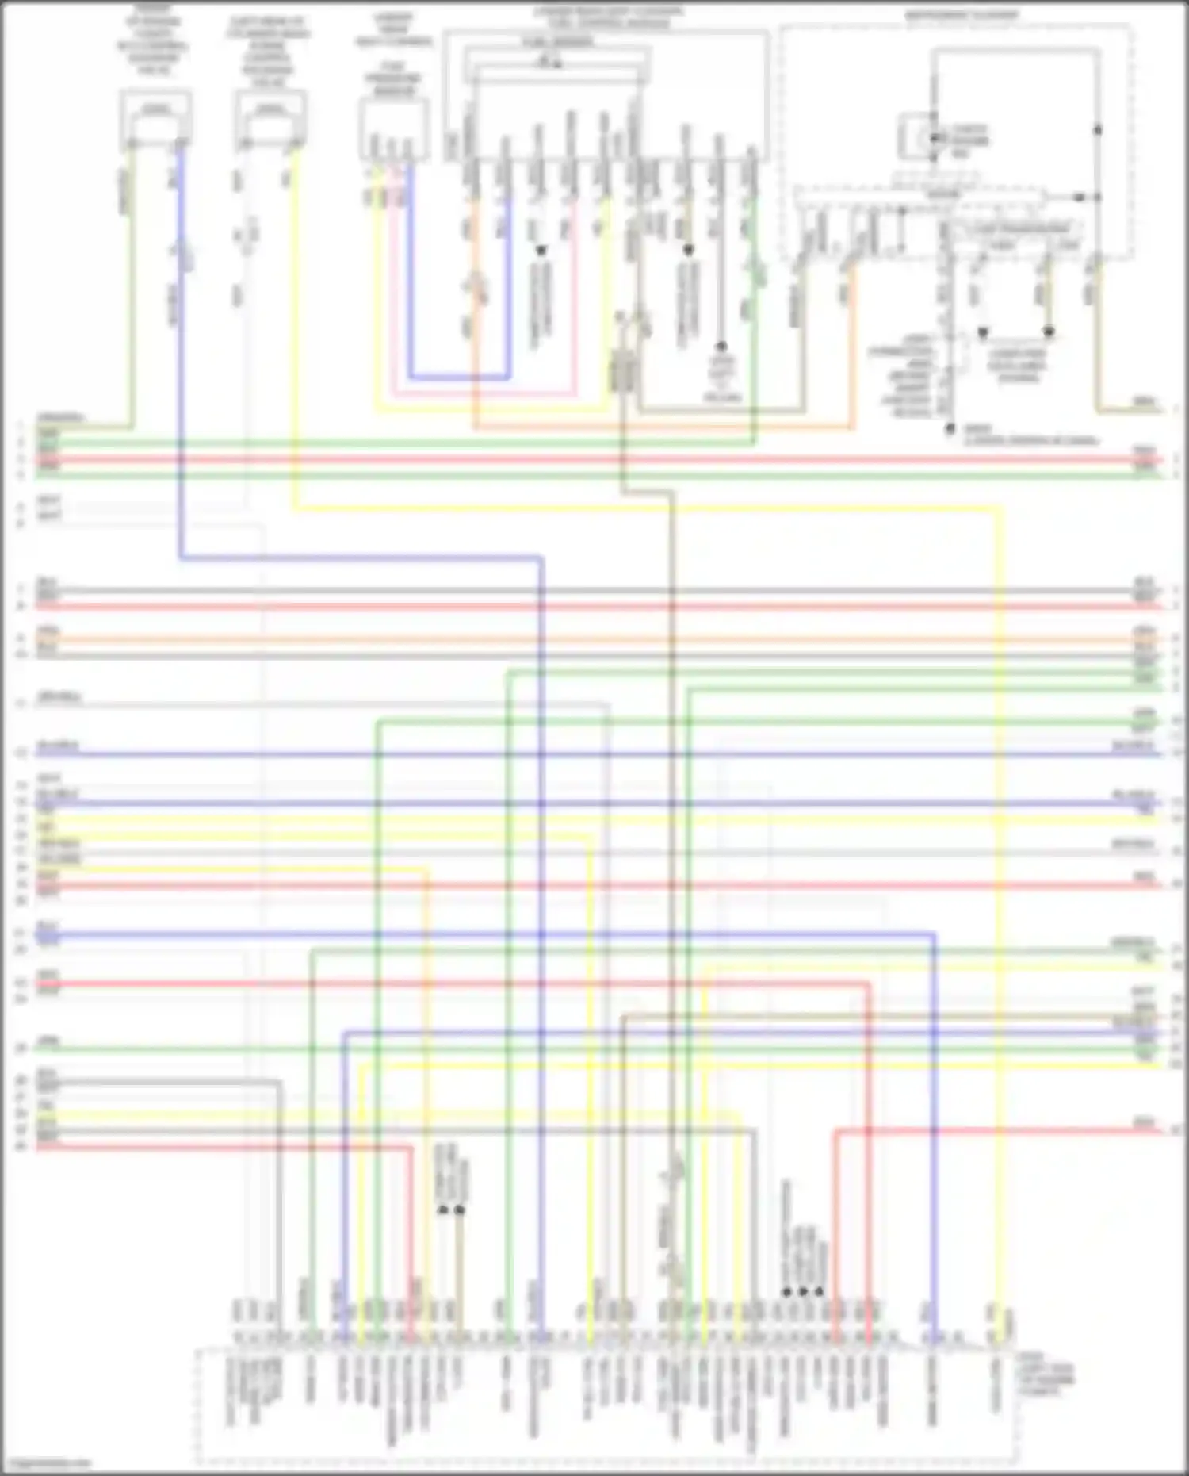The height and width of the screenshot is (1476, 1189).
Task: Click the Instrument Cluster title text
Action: tap(962, 15)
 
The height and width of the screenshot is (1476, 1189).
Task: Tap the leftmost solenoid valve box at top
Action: tap(155, 120)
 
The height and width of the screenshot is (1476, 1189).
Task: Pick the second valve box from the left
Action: tap(270, 120)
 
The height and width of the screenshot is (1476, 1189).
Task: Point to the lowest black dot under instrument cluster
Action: tap(949, 429)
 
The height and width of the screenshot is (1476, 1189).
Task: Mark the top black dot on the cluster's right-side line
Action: tap(1099, 129)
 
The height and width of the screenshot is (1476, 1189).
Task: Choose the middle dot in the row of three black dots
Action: tap(803, 1292)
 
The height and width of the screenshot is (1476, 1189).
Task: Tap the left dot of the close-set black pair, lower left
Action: tap(443, 1210)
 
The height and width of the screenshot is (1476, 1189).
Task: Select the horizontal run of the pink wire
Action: tap(484, 394)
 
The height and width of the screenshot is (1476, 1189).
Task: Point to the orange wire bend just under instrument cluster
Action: tap(853, 427)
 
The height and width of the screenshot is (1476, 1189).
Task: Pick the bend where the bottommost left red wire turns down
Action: tap(411, 1148)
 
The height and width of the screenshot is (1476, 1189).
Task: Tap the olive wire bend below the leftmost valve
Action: tap(131, 427)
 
